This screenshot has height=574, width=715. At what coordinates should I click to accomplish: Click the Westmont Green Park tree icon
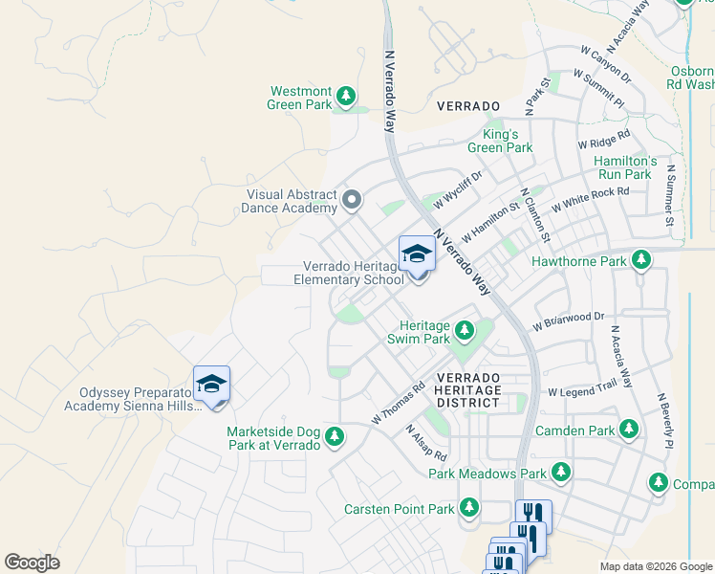(x=346, y=96)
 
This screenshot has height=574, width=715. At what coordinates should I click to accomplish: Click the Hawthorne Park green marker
(x=641, y=260)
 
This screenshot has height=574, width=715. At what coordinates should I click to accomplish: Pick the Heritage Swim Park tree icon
(x=465, y=331)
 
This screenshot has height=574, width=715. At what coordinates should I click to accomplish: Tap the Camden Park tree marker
(x=628, y=430)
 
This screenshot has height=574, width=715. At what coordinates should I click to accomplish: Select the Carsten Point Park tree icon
(x=469, y=508)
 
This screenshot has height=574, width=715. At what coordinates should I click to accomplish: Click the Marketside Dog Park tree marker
(x=334, y=437)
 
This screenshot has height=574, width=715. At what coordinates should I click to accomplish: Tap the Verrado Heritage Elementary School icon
(x=417, y=255)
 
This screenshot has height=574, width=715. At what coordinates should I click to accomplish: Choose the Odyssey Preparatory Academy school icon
(x=211, y=386)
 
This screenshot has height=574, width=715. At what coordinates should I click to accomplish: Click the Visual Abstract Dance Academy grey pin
(x=352, y=200)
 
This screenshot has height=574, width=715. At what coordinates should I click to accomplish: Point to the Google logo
(x=32, y=563)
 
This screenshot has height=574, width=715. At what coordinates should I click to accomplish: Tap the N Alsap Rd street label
(x=426, y=441)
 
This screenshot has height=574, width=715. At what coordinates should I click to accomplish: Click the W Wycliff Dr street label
(x=459, y=188)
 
